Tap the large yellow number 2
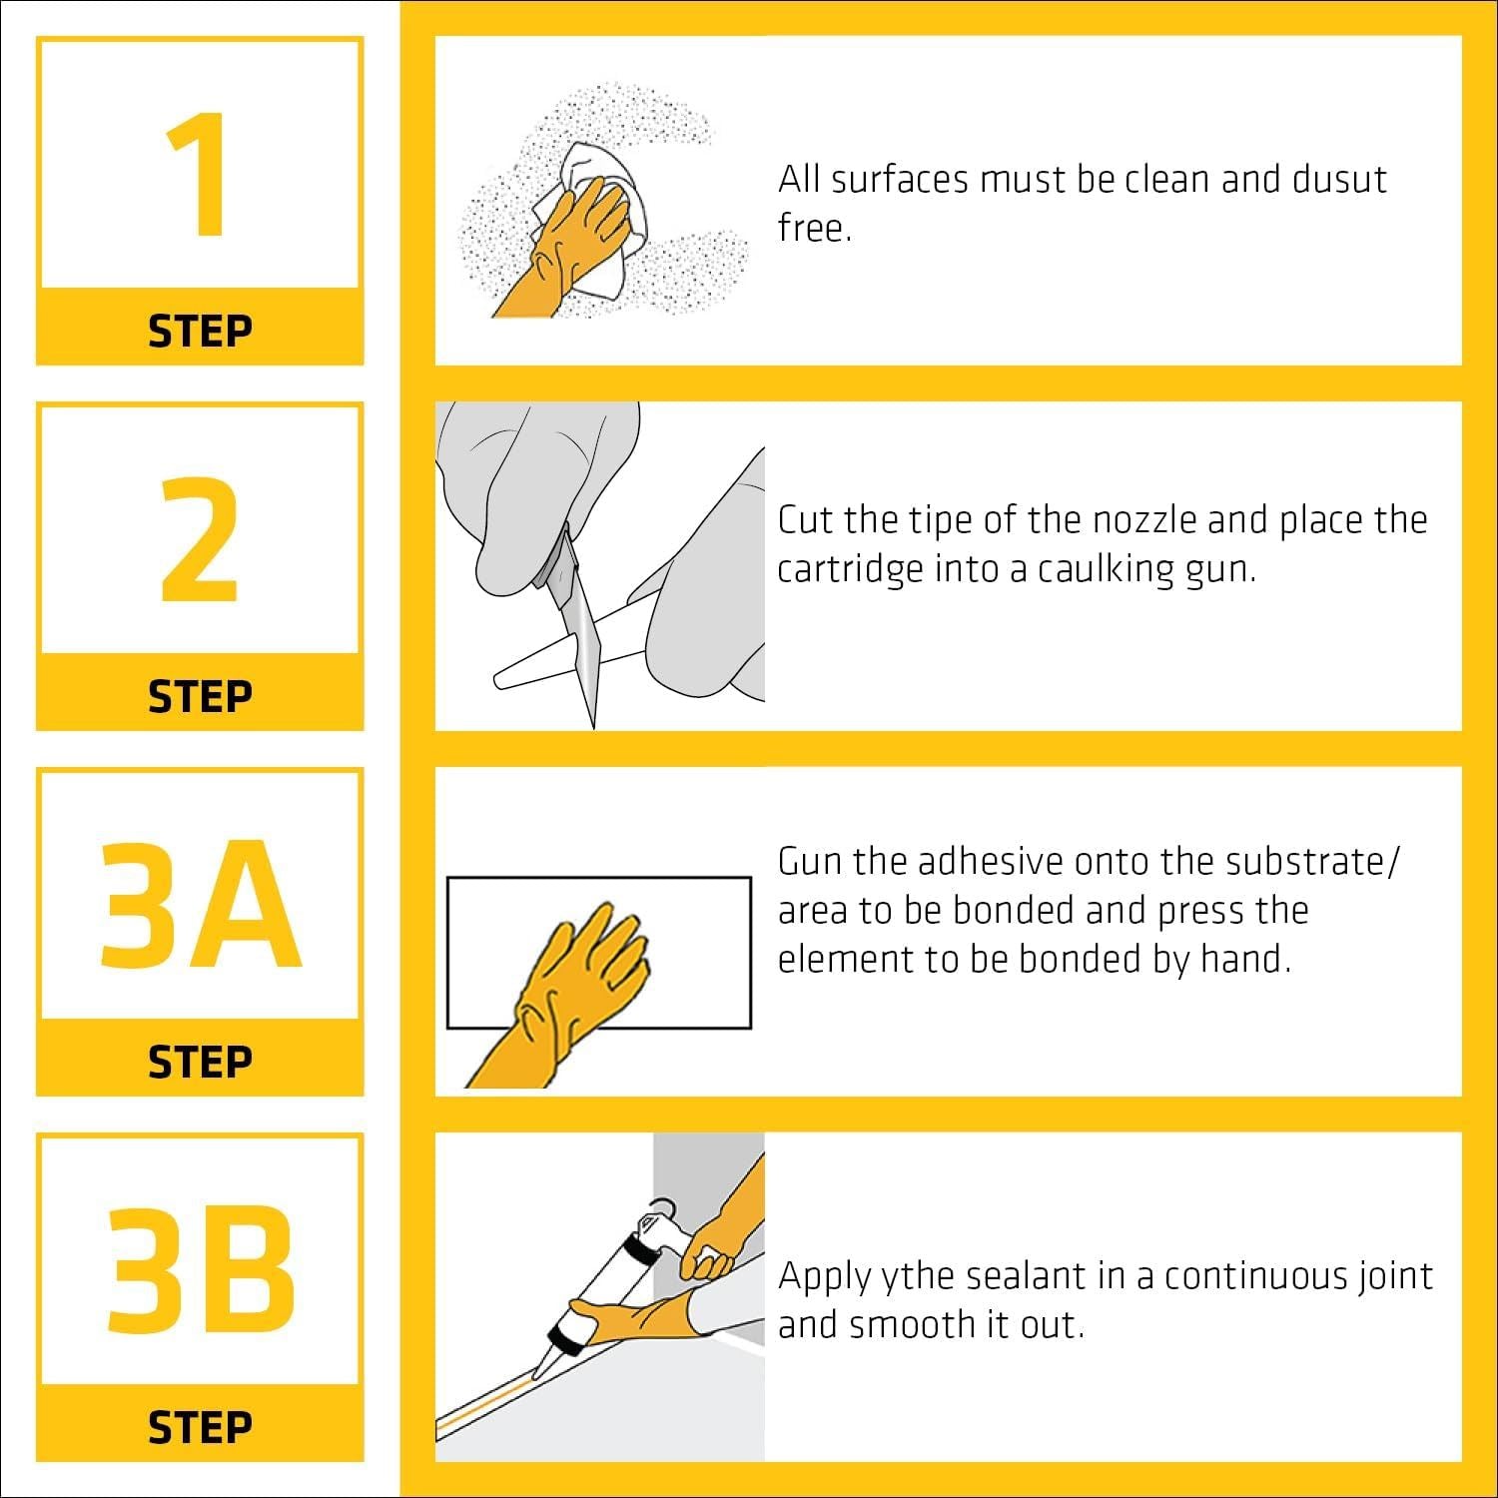click(200, 540)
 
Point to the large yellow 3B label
click(200, 1269)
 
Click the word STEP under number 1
click(200, 332)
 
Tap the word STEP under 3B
click(200, 1428)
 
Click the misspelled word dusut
click(1339, 180)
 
